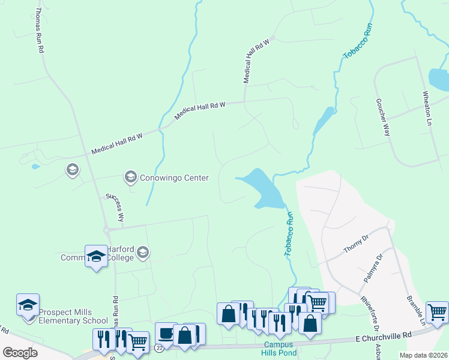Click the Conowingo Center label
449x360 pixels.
pos(174,178)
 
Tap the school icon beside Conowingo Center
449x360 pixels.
pos(130,176)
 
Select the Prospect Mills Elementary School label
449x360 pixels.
pos(73,316)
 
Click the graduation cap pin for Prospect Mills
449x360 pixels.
pos(28,305)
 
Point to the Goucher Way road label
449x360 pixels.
pos(384,118)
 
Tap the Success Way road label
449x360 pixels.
pos(115,207)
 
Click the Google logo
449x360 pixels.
pos(20,353)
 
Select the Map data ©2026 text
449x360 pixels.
pos(423,355)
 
